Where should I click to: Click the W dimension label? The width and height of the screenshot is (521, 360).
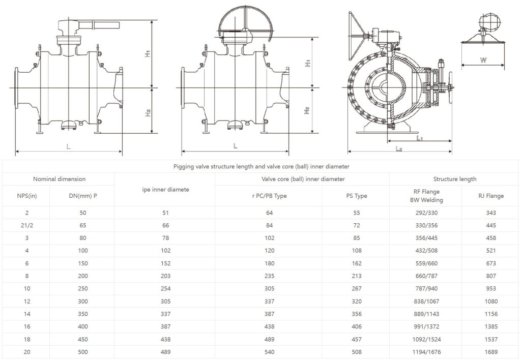[483, 60]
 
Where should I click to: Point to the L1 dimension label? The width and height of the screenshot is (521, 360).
[420, 137]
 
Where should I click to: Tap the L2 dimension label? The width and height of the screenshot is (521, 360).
[399, 149]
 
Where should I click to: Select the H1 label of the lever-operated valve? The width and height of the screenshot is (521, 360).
[148, 53]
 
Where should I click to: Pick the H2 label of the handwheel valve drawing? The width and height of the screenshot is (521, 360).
[307, 110]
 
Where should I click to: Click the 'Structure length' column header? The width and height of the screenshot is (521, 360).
[454, 179]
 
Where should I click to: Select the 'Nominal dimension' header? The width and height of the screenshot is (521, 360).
[59, 179]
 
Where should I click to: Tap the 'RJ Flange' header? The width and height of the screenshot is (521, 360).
[491, 196]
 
